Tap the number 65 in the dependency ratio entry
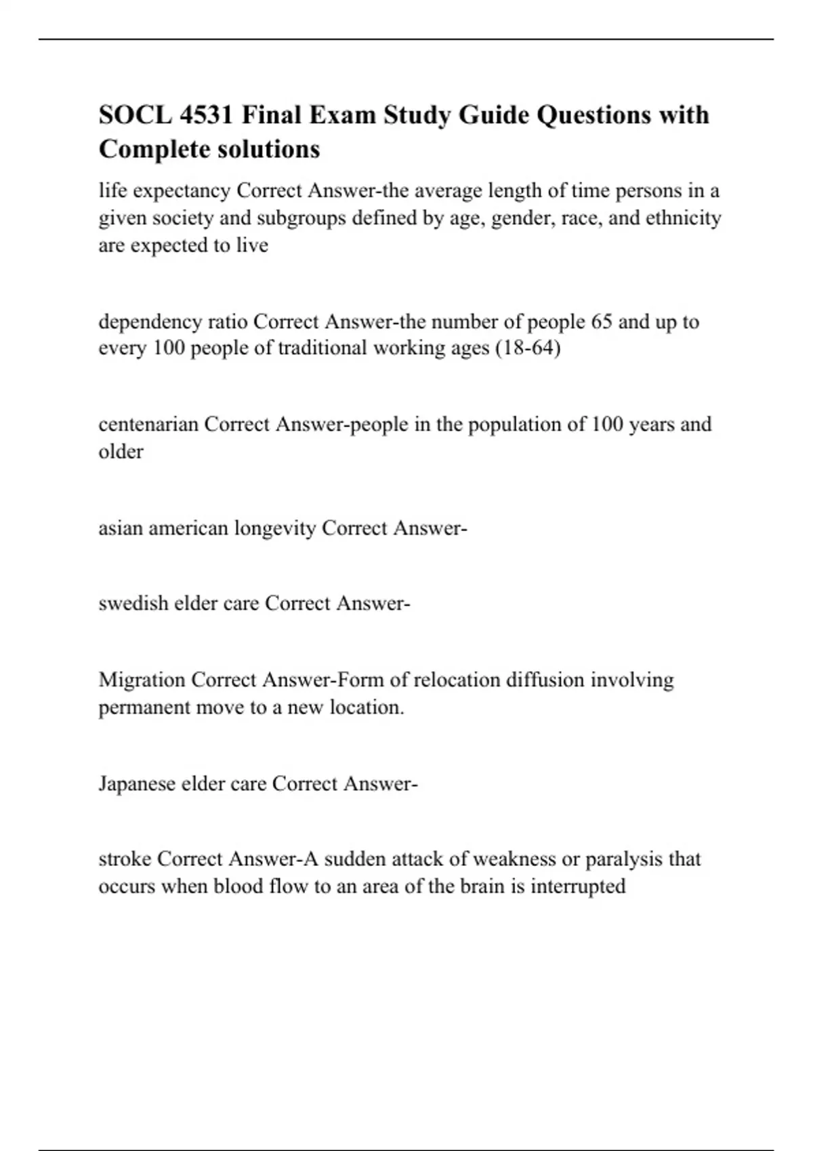602,321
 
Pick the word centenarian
148,425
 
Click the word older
121,452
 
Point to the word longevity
275,528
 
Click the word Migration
142,680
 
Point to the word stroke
125,859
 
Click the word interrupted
578,887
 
